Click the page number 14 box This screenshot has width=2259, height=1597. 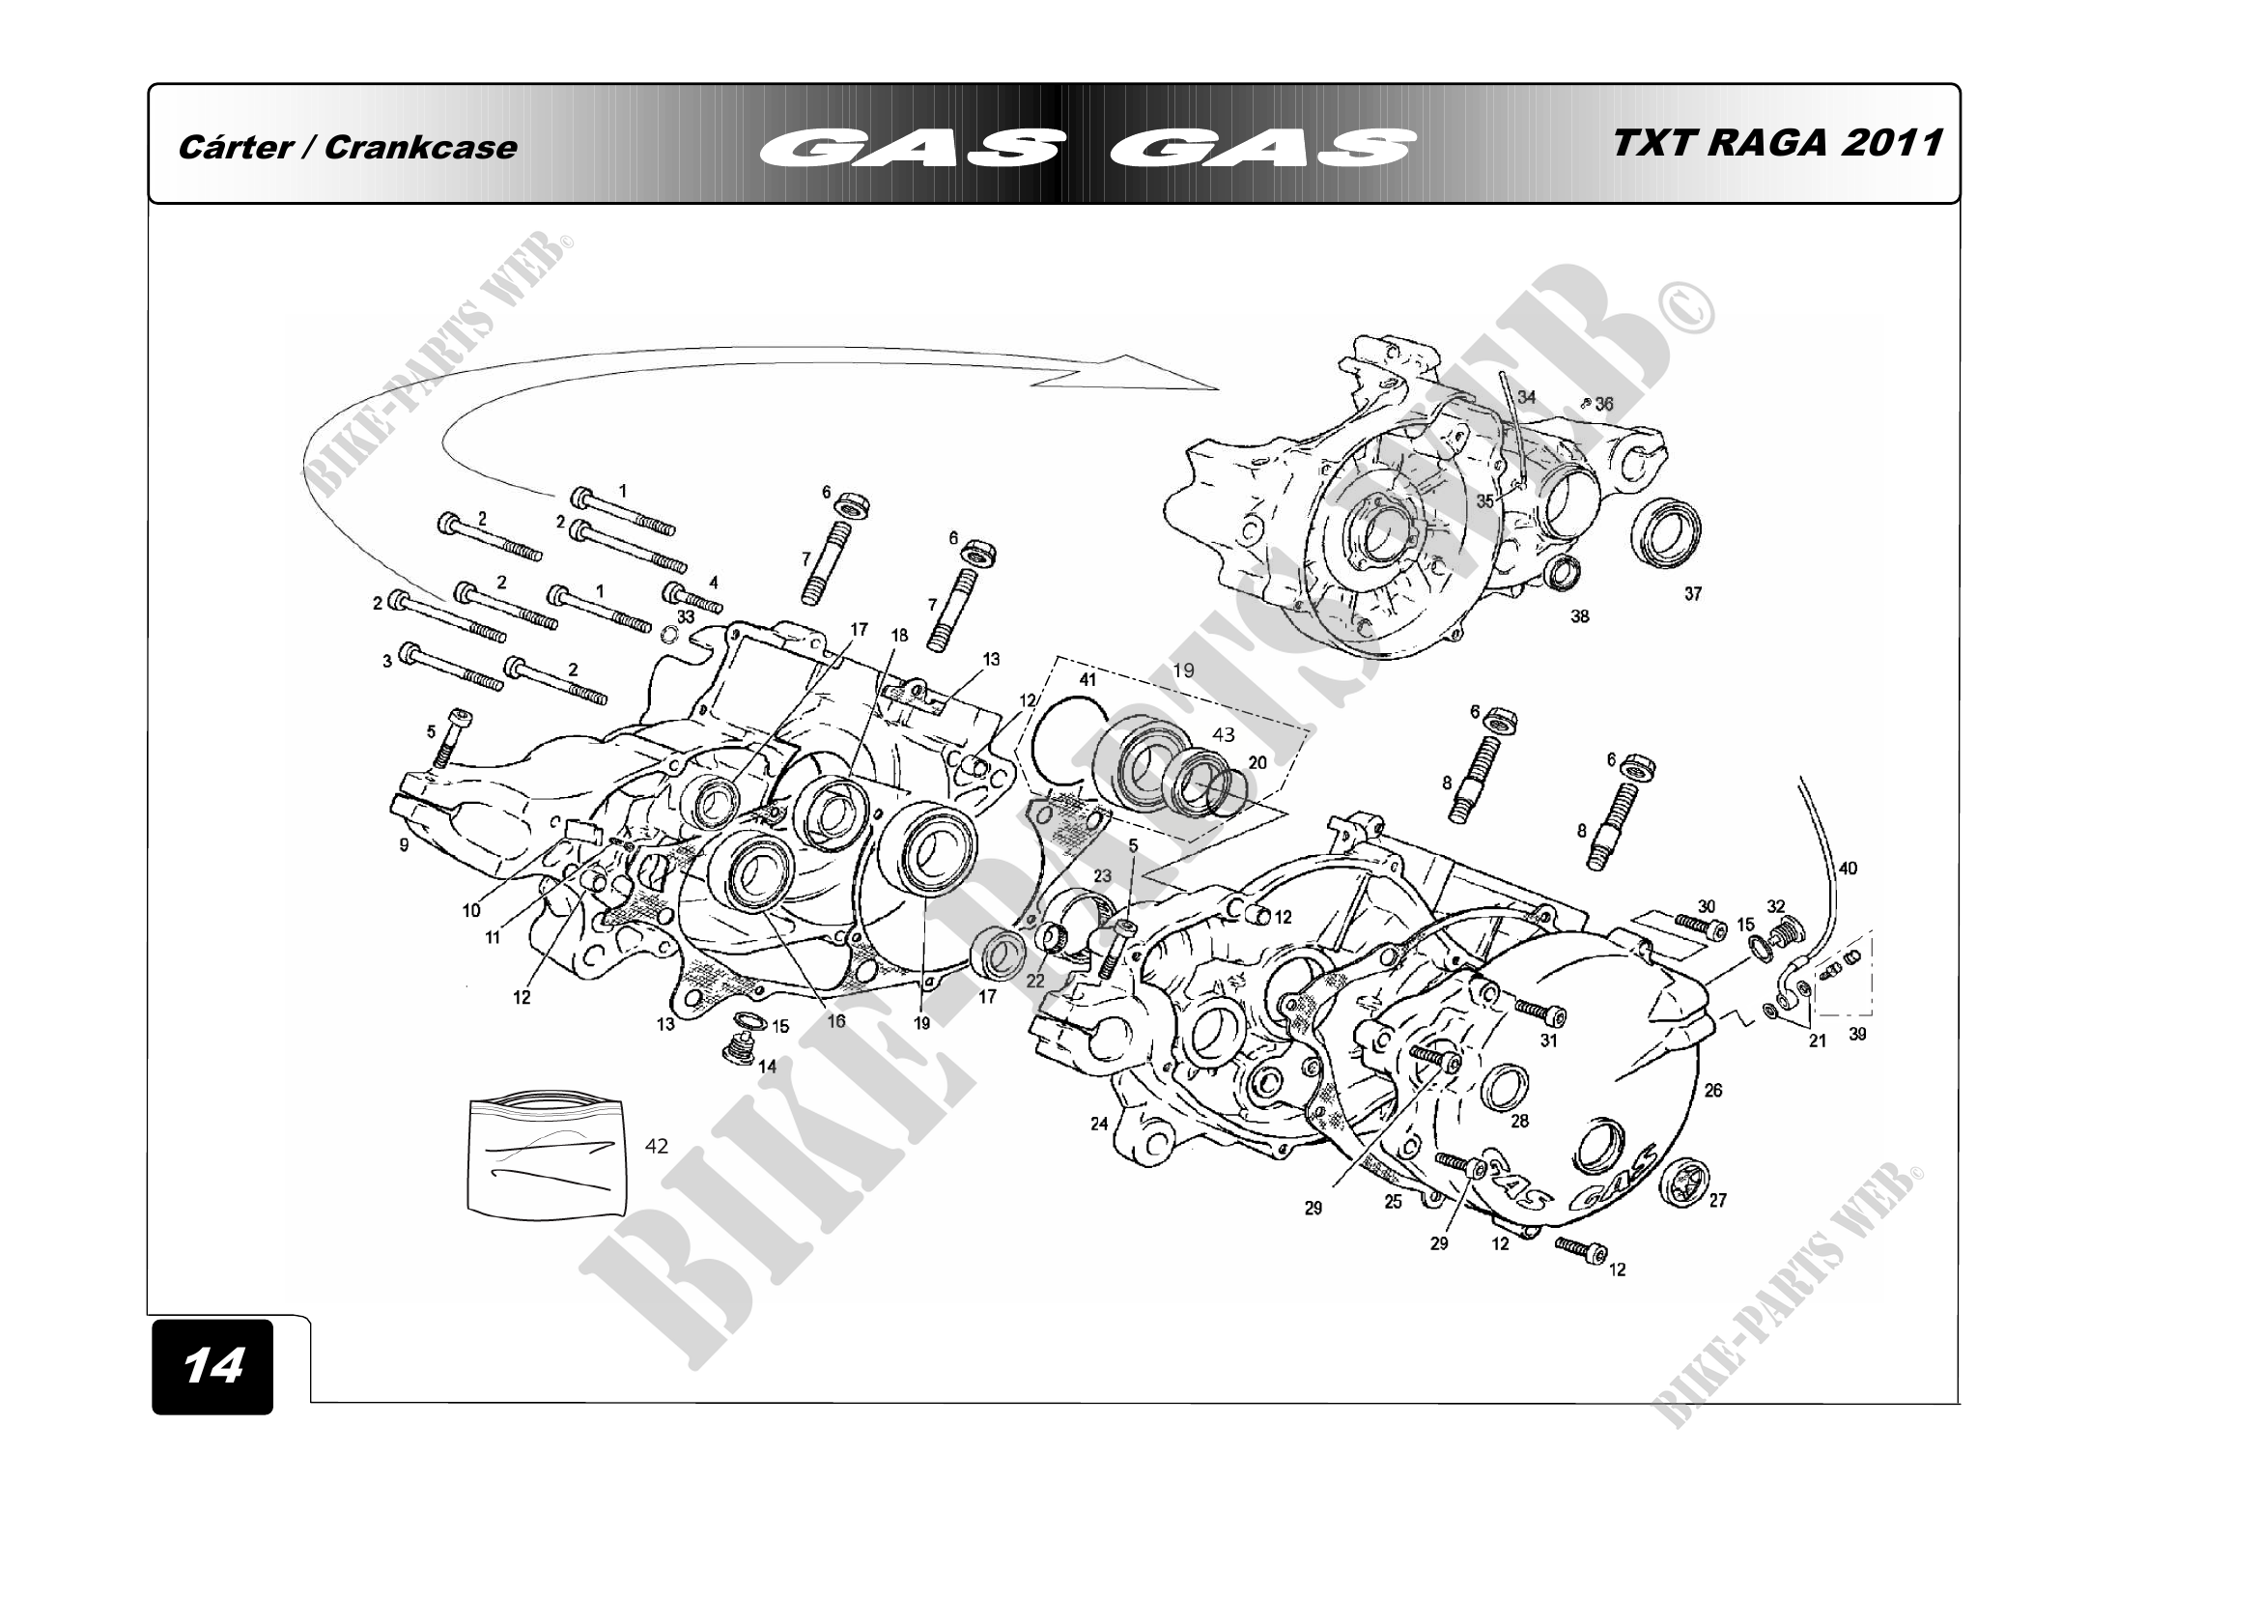[x=212, y=1367]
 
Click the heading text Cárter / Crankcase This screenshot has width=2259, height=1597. [x=347, y=148]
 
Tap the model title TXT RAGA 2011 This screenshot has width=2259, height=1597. [x=1777, y=144]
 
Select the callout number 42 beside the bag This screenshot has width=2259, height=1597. [x=656, y=1146]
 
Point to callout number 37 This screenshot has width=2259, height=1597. [x=1692, y=593]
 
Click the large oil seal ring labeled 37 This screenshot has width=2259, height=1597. [x=1666, y=534]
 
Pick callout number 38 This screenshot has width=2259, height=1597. [x=1579, y=617]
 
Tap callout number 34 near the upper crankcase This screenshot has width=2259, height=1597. [x=1526, y=397]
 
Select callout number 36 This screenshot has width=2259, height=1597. [x=1604, y=404]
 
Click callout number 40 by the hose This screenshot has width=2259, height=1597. [x=1848, y=868]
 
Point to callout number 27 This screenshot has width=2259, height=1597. [x=1718, y=1201]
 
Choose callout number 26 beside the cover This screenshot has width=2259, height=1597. [x=1713, y=1090]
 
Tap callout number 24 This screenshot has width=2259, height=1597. [x=1099, y=1124]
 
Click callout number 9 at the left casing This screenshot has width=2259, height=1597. [x=404, y=844]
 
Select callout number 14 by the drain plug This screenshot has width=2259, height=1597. [x=768, y=1066]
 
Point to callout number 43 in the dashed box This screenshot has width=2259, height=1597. [x=1223, y=734]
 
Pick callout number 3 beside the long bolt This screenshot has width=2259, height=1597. [x=387, y=661]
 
